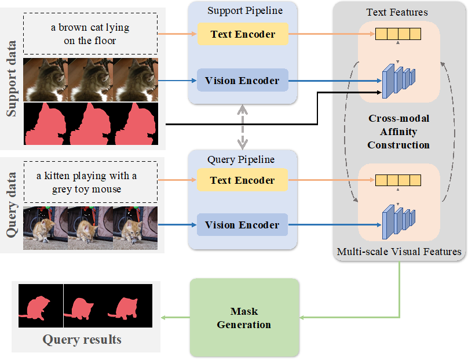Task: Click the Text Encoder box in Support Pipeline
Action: click(242, 35)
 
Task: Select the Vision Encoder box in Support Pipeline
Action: click(242, 81)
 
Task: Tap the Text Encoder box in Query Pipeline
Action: click(242, 180)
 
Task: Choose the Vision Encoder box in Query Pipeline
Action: click(242, 225)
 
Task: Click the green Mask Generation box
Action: click(244, 318)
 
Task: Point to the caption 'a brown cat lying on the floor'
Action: click(90, 34)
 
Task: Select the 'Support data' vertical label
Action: click(12, 78)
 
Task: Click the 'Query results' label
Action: click(82, 340)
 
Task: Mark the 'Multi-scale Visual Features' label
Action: click(399, 252)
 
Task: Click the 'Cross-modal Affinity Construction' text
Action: click(398, 132)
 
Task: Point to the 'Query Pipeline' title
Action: click(241, 159)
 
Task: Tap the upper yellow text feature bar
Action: click(397, 34)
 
